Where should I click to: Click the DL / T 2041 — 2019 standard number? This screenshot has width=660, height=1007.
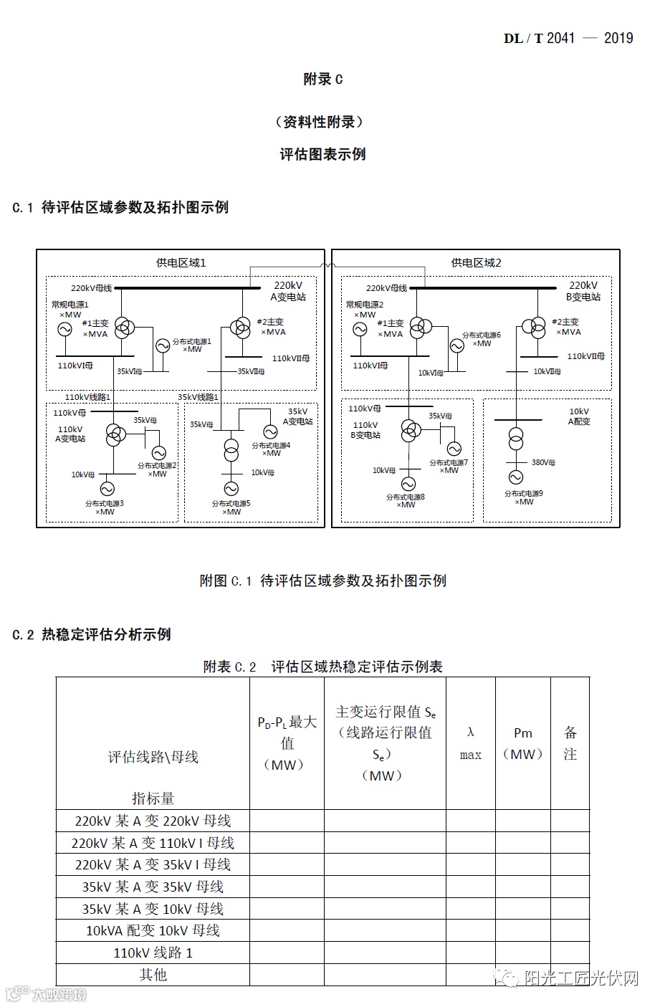pos(568,38)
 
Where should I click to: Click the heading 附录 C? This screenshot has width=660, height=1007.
pos(322,80)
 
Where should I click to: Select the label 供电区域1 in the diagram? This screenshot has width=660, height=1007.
pos(181,263)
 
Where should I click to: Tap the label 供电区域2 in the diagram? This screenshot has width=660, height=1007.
pos(476,263)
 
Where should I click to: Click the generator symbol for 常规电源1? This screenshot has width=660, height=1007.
pos(64,329)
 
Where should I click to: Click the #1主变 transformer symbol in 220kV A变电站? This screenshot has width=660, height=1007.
pos(124,328)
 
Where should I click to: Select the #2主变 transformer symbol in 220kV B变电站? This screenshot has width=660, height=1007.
pos(534,327)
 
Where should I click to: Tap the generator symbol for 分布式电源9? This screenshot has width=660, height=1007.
pos(516,477)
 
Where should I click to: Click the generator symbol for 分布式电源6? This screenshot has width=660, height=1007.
pos(457,346)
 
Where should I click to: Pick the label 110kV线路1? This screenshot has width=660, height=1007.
pos(88,396)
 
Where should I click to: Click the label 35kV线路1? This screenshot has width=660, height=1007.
pos(199,396)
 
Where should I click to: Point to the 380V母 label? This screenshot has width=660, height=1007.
pos(543,462)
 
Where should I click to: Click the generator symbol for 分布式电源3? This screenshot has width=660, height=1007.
pos(107,488)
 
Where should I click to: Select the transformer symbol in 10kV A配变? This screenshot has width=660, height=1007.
pos(516,439)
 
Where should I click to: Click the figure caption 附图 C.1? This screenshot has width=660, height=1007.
pos(322,581)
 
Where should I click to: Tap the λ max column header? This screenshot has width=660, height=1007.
pos(471,743)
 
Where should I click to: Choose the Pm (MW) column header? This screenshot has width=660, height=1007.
pos(523,743)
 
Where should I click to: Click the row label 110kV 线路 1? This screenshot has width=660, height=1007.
pos(153,953)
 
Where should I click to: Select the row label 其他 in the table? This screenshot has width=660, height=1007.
pos(153,975)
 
